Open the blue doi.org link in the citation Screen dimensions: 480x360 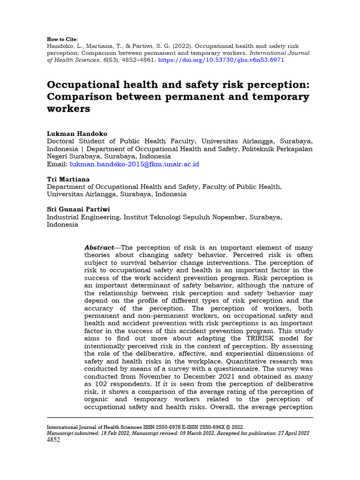coord(221,60)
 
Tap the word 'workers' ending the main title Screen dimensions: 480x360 coord(68,109)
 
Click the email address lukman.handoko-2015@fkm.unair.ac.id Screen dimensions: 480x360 coord(135,164)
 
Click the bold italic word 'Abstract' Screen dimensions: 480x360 coord(99,247)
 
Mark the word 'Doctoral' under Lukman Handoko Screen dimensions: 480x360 coord(61,141)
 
